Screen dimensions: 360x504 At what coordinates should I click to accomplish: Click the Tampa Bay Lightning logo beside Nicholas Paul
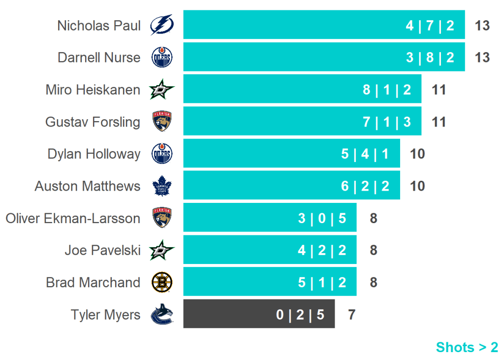pyautogui.click(x=161, y=25)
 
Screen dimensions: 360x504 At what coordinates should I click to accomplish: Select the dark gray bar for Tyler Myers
pyautogui.click(x=259, y=314)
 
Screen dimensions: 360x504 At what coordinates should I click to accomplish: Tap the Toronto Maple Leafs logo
pyautogui.click(x=161, y=186)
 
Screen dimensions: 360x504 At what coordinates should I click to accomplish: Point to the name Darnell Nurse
pyautogui.click(x=99, y=58)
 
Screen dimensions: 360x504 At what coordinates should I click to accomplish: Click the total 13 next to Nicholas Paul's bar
pyautogui.click(x=482, y=26)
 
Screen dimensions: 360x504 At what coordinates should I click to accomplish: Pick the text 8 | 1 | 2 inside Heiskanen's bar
pyautogui.click(x=387, y=90)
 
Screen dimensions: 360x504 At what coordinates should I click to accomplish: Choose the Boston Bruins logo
pyautogui.click(x=161, y=283)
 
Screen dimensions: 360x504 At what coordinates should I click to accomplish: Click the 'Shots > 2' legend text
pyautogui.click(x=467, y=347)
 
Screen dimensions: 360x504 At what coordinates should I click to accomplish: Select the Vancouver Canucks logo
pyautogui.click(x=161, y=314)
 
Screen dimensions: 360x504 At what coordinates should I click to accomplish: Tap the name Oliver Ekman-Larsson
pyautogui.click(x=73, y=218)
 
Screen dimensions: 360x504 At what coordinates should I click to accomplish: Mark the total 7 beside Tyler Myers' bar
pyautogui.click(x=351, y=314)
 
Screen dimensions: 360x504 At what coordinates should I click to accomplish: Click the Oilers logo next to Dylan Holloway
pyautogui.click(x=161, y=154)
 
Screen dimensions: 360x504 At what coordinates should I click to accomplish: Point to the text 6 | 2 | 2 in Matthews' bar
pyautogui.click(x=365, y=186)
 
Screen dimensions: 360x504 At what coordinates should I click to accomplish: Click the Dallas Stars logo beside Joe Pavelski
pyautogui.click(x=161, y=250)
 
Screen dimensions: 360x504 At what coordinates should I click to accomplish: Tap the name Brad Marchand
pyautogui.click(x=93, y=283)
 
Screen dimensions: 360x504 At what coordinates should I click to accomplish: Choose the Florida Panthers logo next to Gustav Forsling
pyautogui.click(x=161, y=122)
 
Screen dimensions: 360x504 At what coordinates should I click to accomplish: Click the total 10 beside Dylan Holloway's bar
pyautogui.click(x=417, y=154)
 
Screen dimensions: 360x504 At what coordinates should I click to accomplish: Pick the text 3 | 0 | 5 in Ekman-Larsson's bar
pyautogui.click(x=322, y=218)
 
